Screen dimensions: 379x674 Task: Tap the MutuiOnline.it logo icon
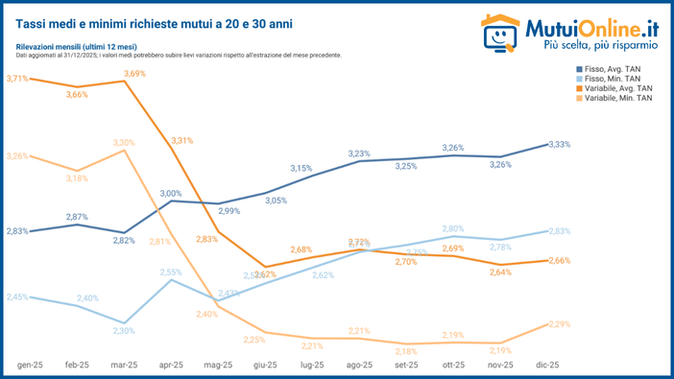[499, 32]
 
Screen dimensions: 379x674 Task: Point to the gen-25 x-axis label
[30, 366]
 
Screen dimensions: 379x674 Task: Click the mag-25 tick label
[218, 366]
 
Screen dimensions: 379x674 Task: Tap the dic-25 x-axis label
[546, 366]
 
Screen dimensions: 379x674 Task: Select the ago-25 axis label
[358, 366]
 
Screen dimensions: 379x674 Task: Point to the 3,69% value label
[134, 74]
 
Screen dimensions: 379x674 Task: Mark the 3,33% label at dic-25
[559, 144]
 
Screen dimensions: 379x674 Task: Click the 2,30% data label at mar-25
[123, 331]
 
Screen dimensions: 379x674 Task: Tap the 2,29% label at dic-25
[559, 324]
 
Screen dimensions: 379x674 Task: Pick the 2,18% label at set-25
[406, 351]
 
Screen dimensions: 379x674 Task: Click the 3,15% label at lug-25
[301, 168]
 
